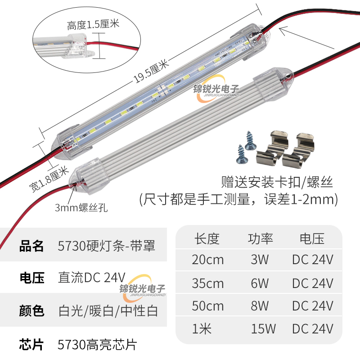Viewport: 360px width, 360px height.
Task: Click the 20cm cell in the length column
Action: click(x=207, y=260)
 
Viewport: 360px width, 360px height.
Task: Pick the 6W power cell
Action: click(x=260, y=283)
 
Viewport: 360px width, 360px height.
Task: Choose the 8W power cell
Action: click(x=260, y=306)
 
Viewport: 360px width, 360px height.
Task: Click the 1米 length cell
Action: click(x=202, y=329)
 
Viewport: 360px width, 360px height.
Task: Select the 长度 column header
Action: click(x=207, y=238)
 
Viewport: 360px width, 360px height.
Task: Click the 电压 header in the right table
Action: click(x=312, y=238)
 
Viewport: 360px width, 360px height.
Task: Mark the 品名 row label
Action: click(x=32, y=246)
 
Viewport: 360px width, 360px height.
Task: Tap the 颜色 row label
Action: click(x=32, y=310)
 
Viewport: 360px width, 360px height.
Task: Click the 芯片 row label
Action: click(x=32, y=345)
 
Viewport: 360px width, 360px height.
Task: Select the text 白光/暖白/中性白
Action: click(x=108, y=310)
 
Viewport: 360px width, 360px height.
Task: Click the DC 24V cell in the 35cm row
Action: click(x=312, y=283)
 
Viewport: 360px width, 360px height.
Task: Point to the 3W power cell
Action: click(x=260, y=260)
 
